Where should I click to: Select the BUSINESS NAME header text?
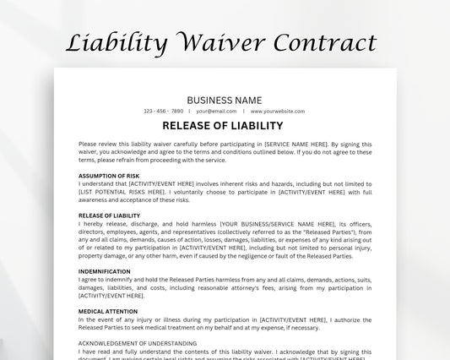point(225,100)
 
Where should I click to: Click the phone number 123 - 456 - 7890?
point(164,112)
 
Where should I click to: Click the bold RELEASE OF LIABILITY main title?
point(225,127)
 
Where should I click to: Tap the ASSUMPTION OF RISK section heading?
point(109,176)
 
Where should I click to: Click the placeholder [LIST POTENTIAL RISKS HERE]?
point(115,192)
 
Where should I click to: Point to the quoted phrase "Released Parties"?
point(333,232)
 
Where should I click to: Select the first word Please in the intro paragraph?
point(88,144)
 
